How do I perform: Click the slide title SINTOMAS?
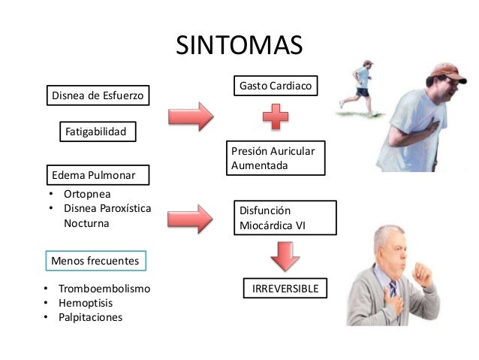pos(239,45)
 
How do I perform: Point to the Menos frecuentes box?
pos(95,261)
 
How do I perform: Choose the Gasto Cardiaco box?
pos(274,87)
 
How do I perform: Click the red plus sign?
pos(276,119)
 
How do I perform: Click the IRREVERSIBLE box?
pos(285,289)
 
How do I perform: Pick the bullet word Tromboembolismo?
pos(104,289)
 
